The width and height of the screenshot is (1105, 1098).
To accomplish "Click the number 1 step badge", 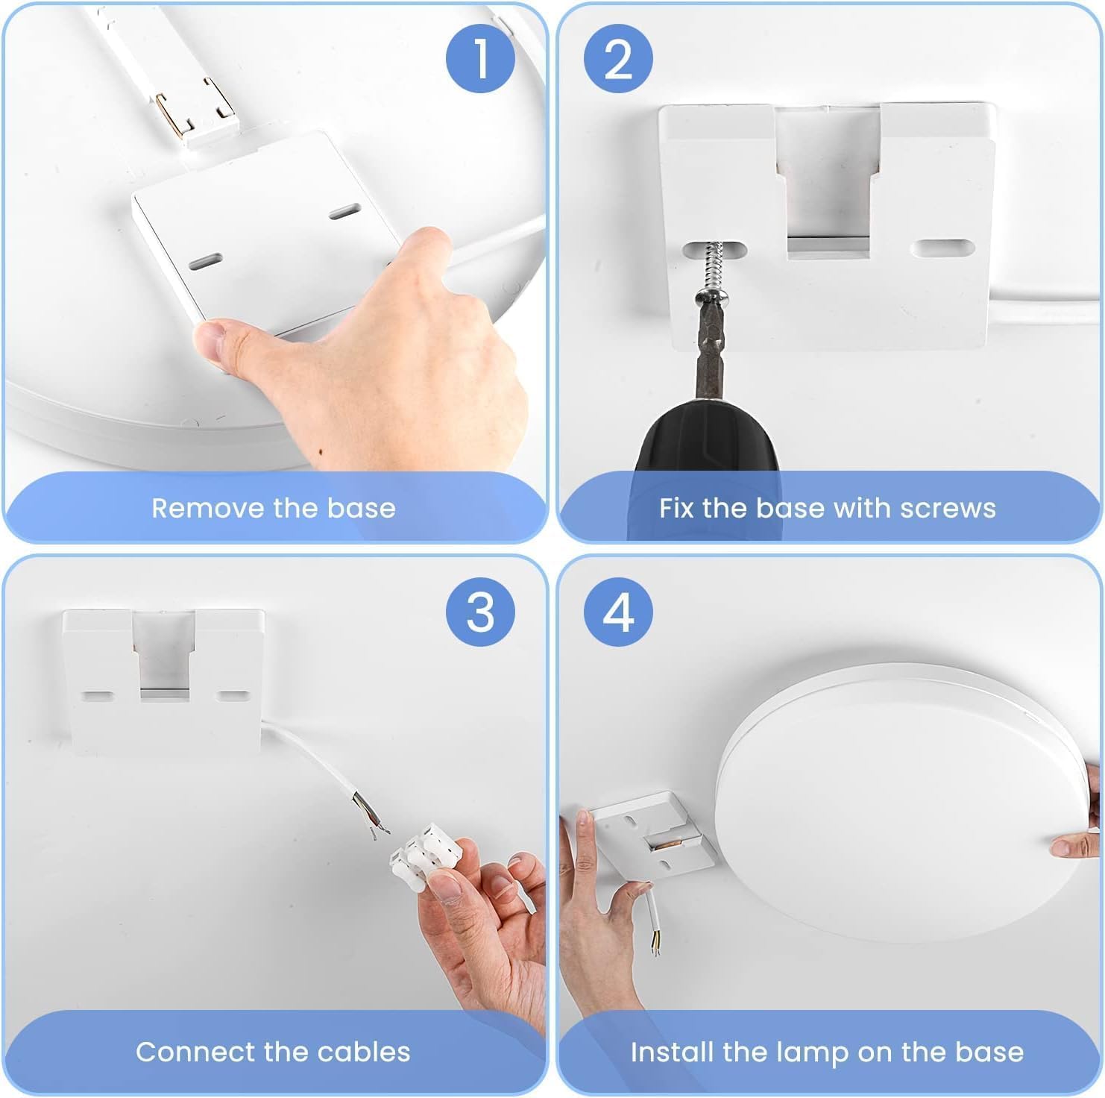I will click(480, 58).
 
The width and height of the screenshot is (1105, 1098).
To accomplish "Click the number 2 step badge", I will click(618, 58).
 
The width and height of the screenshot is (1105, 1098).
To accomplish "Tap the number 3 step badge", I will click(480, 612).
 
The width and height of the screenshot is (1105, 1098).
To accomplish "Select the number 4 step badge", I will click(618, 612).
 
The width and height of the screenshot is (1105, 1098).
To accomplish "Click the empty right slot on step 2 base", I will click(942, 248).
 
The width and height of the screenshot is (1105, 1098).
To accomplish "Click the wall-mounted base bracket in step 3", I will click(163, 679).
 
